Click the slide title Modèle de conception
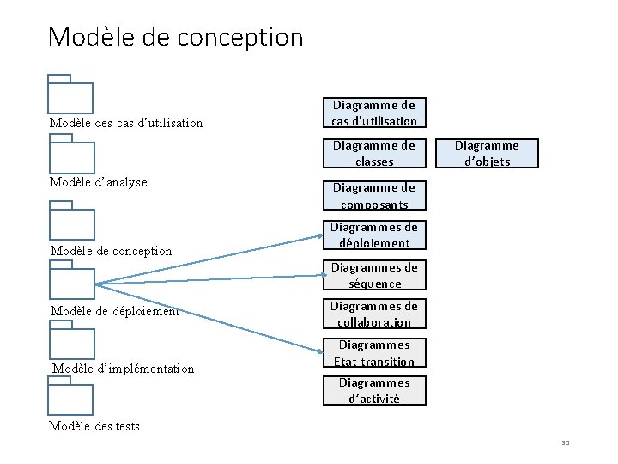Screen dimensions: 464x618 pos(176,37)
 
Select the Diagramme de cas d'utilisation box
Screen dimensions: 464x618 pos(374,113)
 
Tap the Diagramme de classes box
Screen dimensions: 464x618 pos(374,153)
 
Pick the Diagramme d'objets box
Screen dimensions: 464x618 pos(487,153)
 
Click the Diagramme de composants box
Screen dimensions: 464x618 pos(374,196)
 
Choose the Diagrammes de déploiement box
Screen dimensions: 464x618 pos(374,235)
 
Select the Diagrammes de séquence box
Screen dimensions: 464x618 pos(374,275)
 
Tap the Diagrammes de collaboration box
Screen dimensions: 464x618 pos(374,314)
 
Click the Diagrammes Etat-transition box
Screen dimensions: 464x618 pos(374,353)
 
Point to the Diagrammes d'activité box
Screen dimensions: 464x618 pos(374,390)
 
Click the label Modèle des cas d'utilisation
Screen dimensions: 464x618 pos(126,123)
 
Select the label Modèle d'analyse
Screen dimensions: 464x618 pos(99,182)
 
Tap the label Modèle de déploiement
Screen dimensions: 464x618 pos(115,311)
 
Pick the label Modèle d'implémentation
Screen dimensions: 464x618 pos(124,369)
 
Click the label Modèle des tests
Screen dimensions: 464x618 pos(94,426)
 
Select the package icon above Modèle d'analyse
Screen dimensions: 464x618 pos(70,155)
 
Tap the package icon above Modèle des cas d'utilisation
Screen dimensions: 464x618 pos(70,95)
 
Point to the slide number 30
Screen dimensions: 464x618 pos(566,443)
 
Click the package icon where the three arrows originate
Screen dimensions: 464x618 pos(70,280)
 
